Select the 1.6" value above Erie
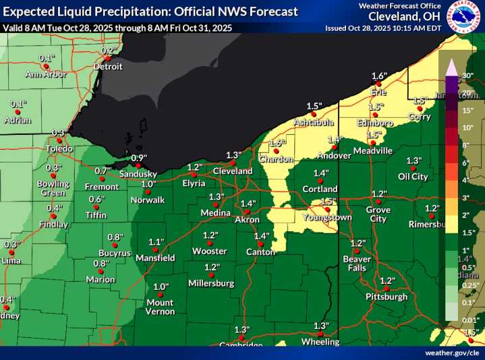coord(379,76)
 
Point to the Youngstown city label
coord(327,218)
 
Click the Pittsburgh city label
coord(387,297)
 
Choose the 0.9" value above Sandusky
coord(138,158)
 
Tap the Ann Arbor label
coord(46,74)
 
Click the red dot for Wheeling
coord(321,334)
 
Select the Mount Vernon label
coord(160,307)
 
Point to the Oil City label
coord(413,177)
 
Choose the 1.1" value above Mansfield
coord(156,242)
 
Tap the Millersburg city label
coord(211,283)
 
